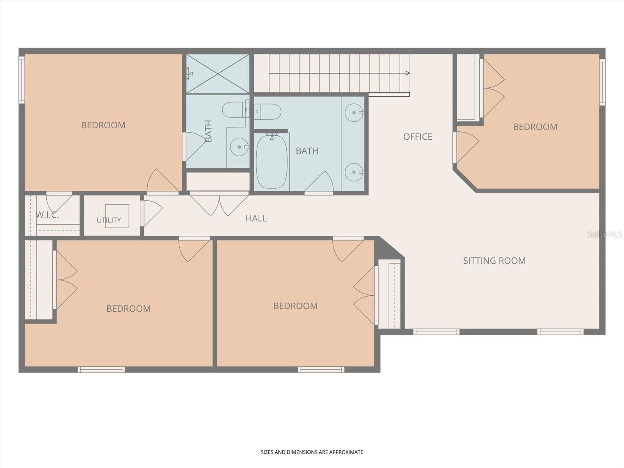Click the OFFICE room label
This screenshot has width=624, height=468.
click(418, 136)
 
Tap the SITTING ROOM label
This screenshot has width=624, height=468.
click(495, 261)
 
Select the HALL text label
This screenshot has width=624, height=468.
click(256, 218)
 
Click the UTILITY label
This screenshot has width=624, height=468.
click(109, 220)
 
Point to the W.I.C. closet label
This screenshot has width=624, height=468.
click(48, 215)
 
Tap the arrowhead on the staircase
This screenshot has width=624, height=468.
click(408, 73)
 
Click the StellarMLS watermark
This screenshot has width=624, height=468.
click(604, 234)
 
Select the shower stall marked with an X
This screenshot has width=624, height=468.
click(218, 74)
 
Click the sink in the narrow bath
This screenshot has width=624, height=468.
click(239, 147)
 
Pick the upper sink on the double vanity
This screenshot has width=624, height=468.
click(354, 113)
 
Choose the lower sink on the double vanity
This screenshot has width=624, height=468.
click(354, 172)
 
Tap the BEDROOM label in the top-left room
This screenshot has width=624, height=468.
click(103, 125)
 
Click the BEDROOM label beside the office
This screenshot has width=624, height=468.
click(535, 127)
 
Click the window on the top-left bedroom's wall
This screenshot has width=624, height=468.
click(21, 80)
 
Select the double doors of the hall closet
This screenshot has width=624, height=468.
click(219, 204)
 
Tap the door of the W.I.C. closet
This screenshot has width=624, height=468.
click(59, 202)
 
